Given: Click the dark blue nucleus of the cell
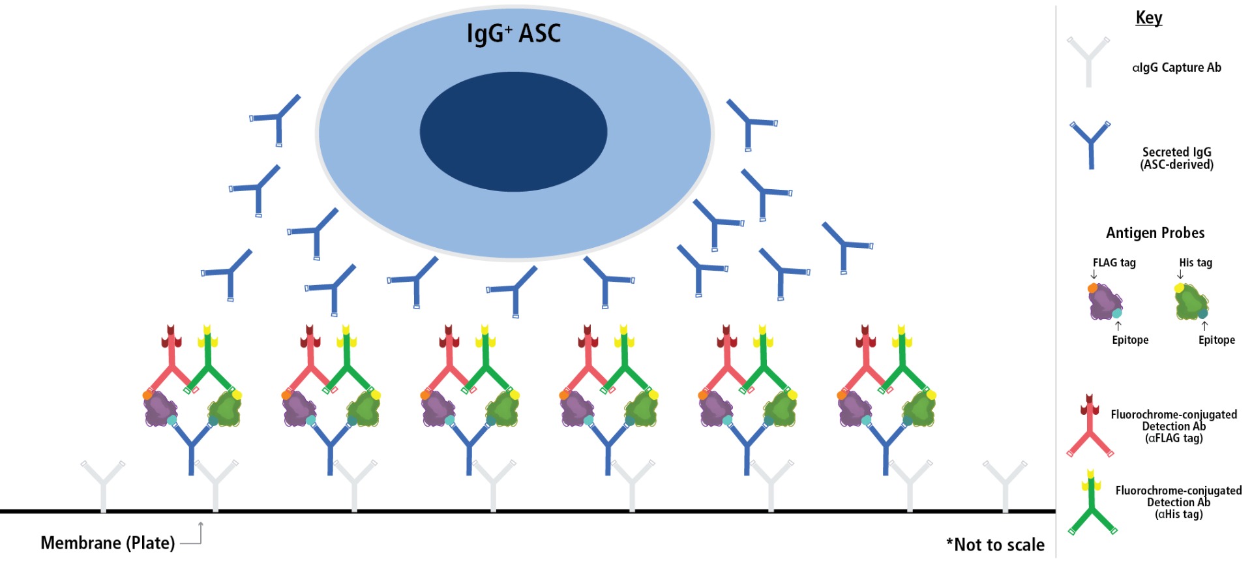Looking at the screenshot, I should (x=513, y=132).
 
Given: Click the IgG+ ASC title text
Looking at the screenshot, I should (x=513, y=33).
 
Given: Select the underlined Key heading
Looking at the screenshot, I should (x=1148, y=18).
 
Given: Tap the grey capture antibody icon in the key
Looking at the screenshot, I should (x=1088, y=62).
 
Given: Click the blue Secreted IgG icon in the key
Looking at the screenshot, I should (x=1090, y=145).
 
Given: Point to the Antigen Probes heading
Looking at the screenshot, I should (x=1155, y=233).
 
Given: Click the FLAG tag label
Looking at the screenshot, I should (x=1114, y=262).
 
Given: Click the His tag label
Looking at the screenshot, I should (x=1195, y=262).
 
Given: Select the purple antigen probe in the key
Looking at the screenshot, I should (x=1105, y=301).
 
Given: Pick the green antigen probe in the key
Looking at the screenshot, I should (x=1191, y=302).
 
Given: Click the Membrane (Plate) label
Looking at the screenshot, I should (x=108, y=543).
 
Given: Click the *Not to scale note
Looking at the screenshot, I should (x=995, y=545).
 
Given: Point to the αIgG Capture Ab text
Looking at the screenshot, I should (x=1176, y=67).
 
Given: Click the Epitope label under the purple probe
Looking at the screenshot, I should (x=1130, y=340).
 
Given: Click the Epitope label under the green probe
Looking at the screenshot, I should (x=1216, y=340).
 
